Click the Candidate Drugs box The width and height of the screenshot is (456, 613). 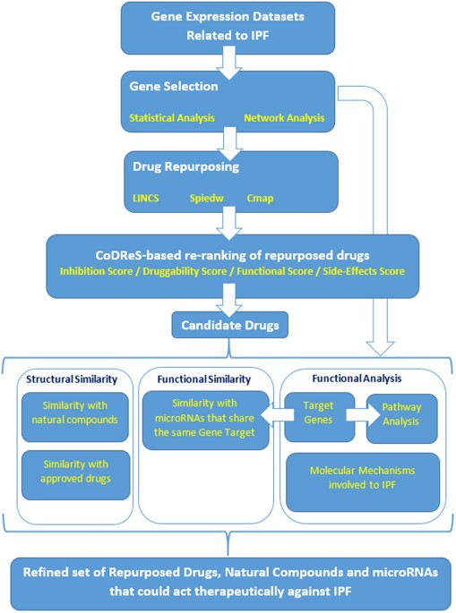(x=229, y=325)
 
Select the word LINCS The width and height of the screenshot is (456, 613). (x=146, y=198)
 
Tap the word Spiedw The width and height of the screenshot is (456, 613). (x=206, y=199)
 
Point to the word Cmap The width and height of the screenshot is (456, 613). (x=260, y=199)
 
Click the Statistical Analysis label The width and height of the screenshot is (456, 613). (x=172, y=118)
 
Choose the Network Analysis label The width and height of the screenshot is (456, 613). (x=284, y=118)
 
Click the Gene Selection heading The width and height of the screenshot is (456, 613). (x=174, y=87)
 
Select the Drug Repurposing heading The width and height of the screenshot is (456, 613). (x=186, y=167)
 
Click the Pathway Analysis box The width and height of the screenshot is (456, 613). (x=402, y=418)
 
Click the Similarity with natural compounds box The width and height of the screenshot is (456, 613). (x=75, y=417)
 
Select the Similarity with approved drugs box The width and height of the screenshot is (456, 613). (x=75, y=475)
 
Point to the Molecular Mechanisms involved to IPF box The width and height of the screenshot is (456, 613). (x=363, y=482)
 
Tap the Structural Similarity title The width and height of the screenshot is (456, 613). (x=72, y=379)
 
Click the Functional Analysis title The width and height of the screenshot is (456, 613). (x=357, y=379)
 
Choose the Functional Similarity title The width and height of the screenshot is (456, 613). (x=204, y=379)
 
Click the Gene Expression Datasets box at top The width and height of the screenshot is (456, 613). (x=228, y=28)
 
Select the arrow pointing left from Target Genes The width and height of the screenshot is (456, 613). (x=278, y=415)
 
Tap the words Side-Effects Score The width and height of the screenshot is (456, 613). (x=364, y=271)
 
